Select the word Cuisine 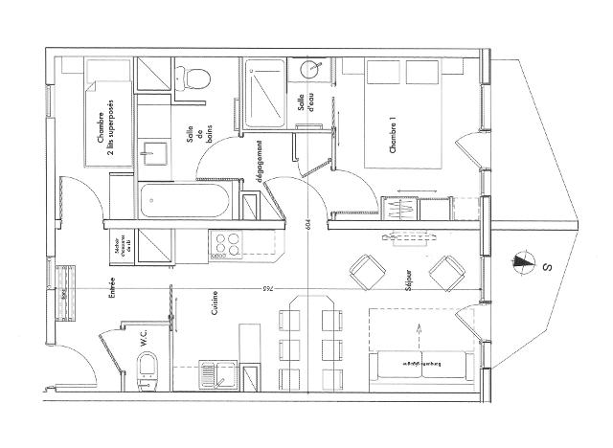tap(215, 304)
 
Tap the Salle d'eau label tap(307, 104)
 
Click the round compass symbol tap(523, 258)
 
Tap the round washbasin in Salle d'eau tap(312, 71)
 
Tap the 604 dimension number tap(306, 221)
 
